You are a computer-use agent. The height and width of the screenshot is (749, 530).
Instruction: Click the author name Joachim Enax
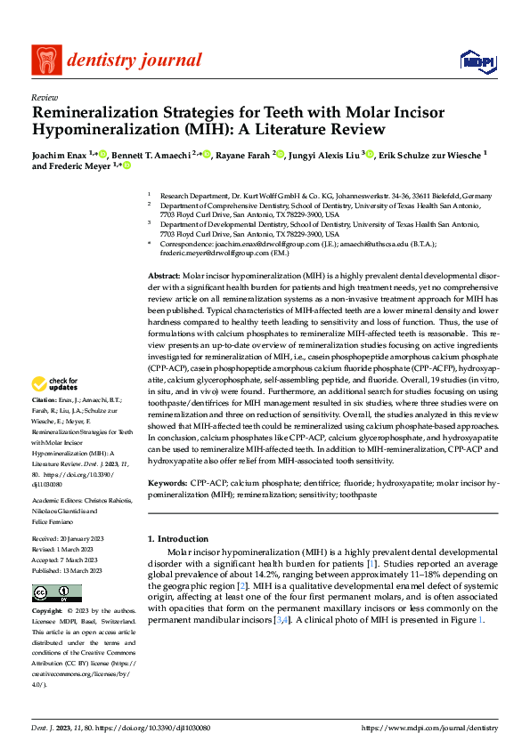click(61, 154)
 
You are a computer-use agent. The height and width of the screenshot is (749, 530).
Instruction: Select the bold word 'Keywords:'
click(168, 481)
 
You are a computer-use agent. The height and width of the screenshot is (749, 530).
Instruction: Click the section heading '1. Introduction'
click(178, 539)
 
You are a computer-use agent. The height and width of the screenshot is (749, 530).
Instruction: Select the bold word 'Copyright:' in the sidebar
click(47, 612)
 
